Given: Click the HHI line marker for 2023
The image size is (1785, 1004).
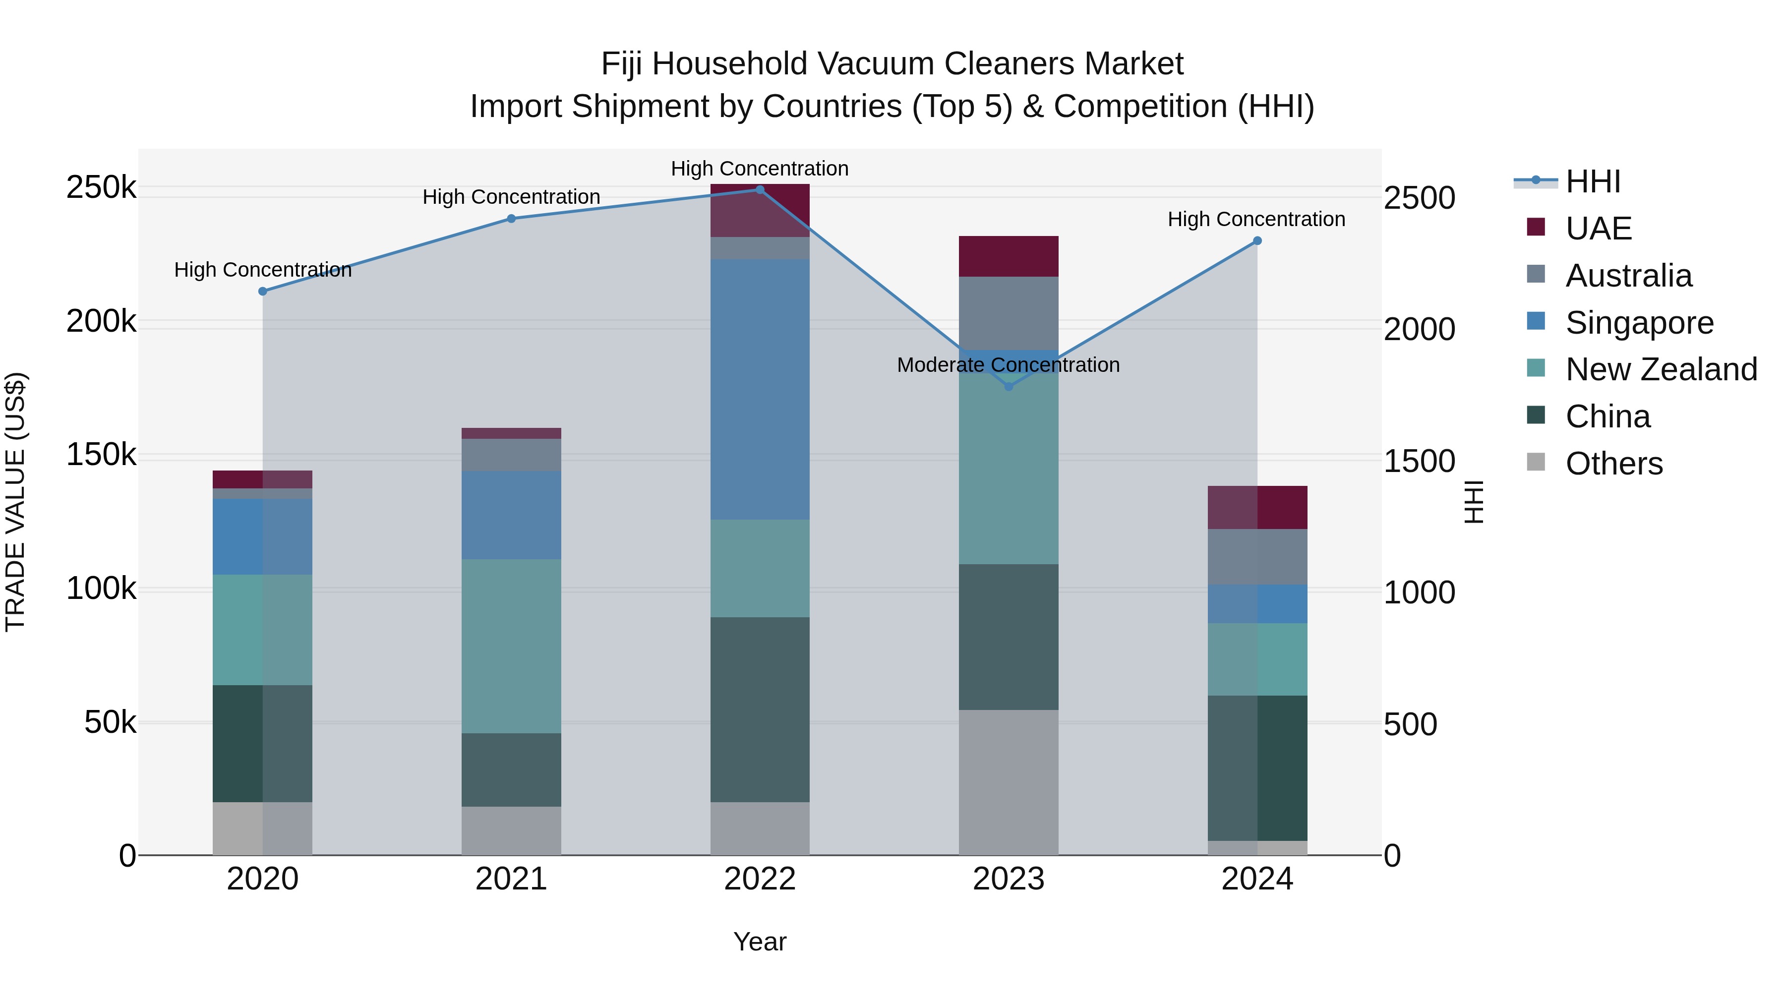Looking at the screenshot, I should pyautogui.click(x=1008, y=386).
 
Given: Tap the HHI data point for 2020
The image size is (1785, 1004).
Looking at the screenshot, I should pyautogui.click(x=263, y=291).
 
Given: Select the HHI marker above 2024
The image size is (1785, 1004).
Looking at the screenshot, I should pyautogui.click(x=1257, y=240).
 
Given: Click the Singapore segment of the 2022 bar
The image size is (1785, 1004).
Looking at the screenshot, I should pyautogui.click(x=760, y=389).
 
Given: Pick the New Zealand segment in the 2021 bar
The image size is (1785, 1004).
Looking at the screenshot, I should pyautogui.click(x=511, y=646).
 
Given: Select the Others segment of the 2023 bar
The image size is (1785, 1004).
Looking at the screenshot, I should pyautogui.click(x=1008, y=781).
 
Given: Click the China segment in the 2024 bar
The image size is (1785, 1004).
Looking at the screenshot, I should pyautogui.click(x=1257, y=768).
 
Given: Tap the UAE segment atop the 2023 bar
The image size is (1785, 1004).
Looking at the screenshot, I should pyautogui.click(x=1008, y=256).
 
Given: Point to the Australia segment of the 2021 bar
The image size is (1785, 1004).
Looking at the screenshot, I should pyautogui.click(x=511, y=455).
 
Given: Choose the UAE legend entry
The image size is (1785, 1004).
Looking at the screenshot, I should pyautogui.click(x=1598, y=228).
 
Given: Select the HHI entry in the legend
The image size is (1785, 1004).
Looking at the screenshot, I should pyautogui.click(x=1592, y=181).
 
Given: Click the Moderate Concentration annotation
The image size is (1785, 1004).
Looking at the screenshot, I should pyautogui.click(x=1008, y=364).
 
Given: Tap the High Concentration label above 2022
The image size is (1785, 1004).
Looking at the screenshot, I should pyautogui.click(x=760, y=169).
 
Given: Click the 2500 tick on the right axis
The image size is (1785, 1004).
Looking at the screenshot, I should pyautogui.click(x=1419, y=198).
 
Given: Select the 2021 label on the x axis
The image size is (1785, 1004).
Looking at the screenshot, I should pyautogui.click(x=511, y=879).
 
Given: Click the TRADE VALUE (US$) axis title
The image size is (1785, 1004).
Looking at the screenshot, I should pyautogui.click(x=15, y=502).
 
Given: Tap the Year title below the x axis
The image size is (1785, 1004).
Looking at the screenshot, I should pyautogui.click(x=760, y=942).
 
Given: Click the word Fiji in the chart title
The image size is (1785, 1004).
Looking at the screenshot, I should pyautogui.click(x=622, y=64).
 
